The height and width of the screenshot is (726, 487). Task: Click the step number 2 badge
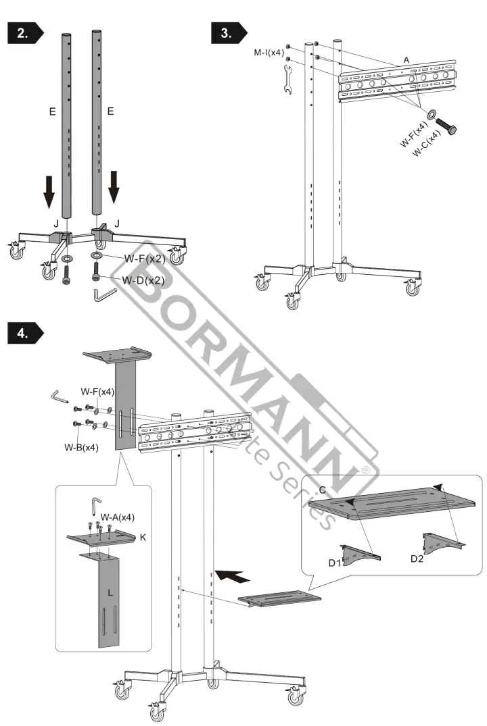[24, 34]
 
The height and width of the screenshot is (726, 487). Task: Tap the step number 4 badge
[24, 333]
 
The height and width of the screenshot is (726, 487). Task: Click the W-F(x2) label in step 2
[144, 258]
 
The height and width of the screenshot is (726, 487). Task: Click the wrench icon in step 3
[285, 81]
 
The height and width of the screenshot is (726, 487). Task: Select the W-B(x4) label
[81, 447]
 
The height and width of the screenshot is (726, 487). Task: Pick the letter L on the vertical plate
[110, 591]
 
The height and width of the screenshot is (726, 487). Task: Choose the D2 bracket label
[417, 559]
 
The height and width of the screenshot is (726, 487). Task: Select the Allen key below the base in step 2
[105, 295]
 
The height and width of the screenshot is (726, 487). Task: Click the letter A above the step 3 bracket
[406, 60]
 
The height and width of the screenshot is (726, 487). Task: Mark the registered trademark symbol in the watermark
[366, 469]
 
